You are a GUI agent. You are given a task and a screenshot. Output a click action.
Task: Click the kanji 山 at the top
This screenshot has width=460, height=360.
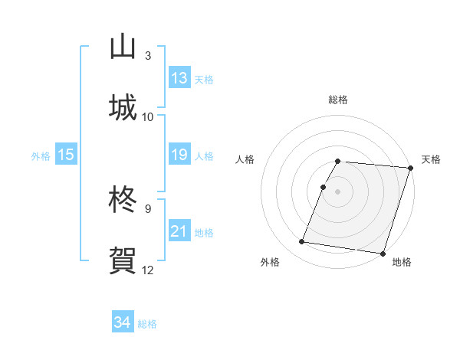[x=123, y=47]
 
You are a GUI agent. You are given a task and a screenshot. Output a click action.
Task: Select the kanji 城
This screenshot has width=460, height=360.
[x=123, y=107]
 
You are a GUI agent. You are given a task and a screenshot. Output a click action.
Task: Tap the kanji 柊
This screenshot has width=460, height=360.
[x=123, y=201]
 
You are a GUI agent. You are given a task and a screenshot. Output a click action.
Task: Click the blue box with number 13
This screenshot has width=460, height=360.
[x=179, y=78]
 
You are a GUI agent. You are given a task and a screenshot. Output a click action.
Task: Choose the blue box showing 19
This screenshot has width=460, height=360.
[x=179, y=155]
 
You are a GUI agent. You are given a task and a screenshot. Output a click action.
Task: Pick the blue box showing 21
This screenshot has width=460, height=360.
[x=179, y=231]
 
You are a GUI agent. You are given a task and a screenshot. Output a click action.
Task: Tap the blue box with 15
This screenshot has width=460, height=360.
[x=66, y=155]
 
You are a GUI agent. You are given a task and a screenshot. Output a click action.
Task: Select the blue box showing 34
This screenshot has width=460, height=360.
[x=123, y=322]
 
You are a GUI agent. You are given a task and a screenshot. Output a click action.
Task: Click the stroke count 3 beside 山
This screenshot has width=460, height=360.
[x=148, y=56]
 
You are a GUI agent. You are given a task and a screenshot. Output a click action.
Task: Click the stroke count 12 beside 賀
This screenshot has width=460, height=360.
[x=148, y=270]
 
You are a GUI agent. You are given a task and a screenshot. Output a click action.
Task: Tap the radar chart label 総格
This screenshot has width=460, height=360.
[x=338, y=100]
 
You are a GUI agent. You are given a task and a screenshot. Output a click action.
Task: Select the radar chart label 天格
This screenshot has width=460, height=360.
[x=431, y=159]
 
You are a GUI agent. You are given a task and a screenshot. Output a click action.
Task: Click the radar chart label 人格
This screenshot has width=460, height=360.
[x=246, y=159]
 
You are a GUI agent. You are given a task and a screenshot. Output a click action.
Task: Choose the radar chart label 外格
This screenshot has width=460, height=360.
[x=270, y=262]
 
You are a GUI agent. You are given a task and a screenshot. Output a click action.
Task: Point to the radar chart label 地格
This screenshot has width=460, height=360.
[x=402, y=262]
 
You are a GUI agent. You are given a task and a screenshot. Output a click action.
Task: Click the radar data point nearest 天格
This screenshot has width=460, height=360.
[x=410, y=167]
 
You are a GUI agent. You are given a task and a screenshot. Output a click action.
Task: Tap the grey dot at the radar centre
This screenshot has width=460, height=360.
[x=338, y=191]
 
